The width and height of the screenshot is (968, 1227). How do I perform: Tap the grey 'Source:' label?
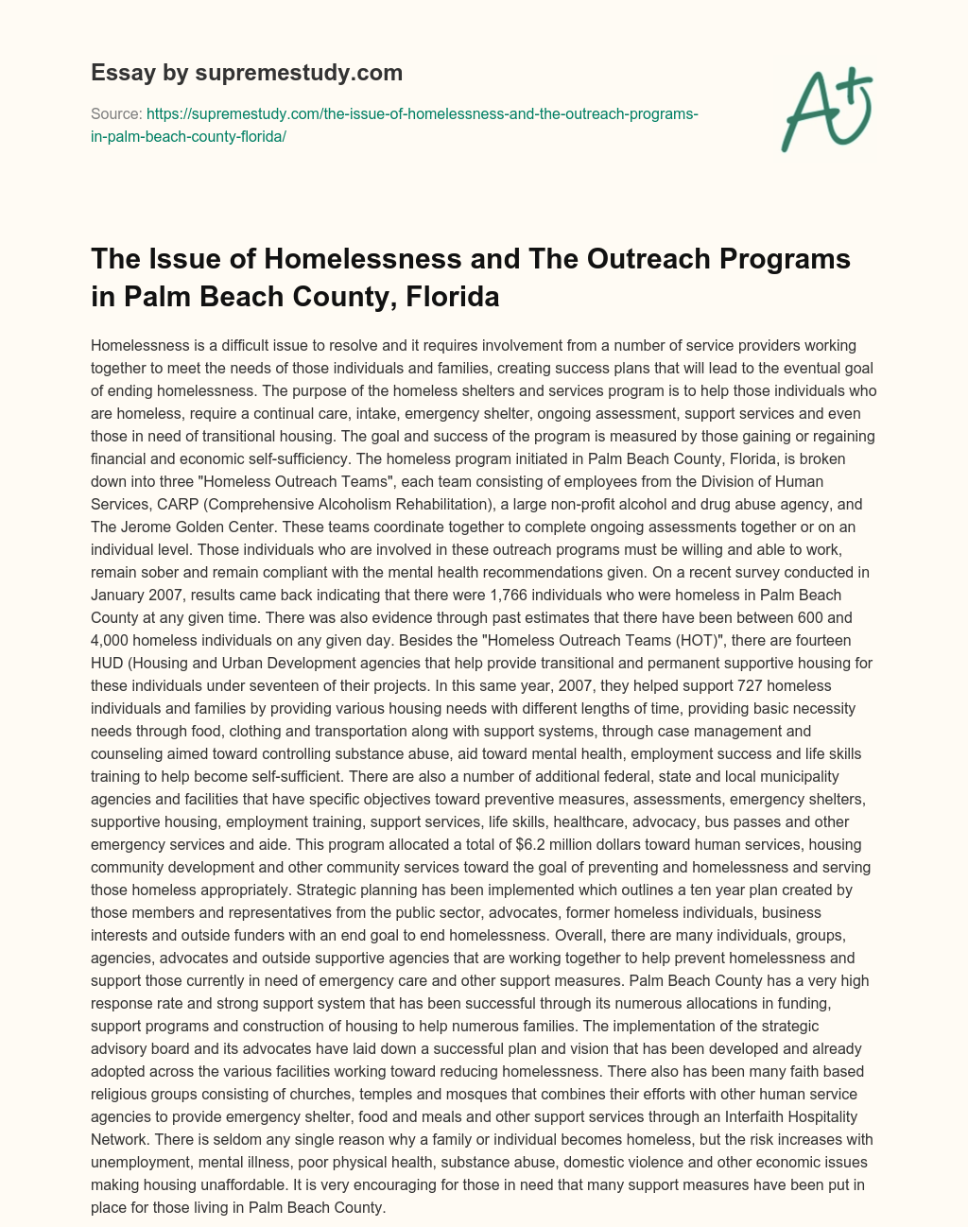tap(116, 113)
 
